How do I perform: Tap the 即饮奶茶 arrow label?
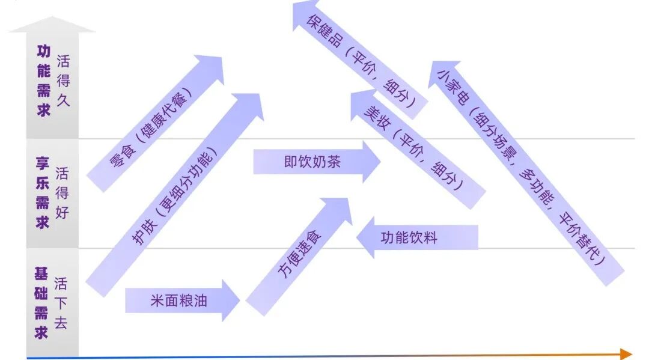point(312,162)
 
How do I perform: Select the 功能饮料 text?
point(409,237)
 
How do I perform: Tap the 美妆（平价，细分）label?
point(414,149)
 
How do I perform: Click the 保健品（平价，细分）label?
point(361,59)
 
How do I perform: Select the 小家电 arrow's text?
point(523,168)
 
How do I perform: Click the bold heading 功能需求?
point(43,81)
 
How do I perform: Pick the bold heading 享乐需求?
point(43,193)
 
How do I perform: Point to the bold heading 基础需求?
point(41,304)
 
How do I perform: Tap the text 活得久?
point(62,81)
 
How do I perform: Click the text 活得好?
point(62,193)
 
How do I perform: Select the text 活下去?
point(61,304)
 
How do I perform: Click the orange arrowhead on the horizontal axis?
point(626,353)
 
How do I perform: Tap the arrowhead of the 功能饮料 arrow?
point(365,237)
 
